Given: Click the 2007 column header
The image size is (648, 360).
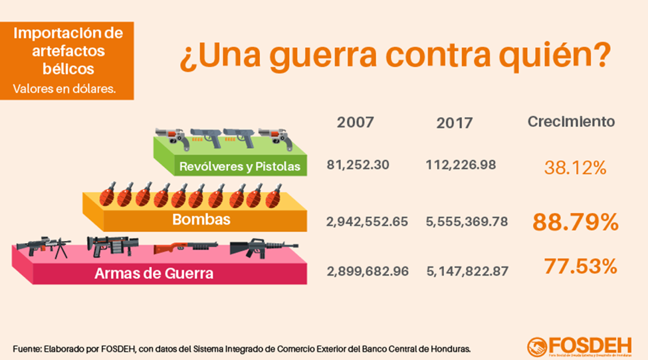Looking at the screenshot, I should tap(356, 122).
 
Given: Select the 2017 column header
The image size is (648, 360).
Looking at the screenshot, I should tap(455, 123).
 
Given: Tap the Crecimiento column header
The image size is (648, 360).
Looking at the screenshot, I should tap(571, 122).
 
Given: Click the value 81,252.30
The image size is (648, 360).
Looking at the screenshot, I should tap(358, 164).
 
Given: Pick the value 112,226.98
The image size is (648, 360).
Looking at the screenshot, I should tap(461, 164).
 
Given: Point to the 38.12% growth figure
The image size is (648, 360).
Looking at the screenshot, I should tap(575, 168).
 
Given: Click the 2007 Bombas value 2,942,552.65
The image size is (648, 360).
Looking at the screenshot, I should tap(367, 222).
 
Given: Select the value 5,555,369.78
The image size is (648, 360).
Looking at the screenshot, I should tap(467, 222).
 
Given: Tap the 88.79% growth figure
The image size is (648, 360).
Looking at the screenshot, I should tap(575, 222).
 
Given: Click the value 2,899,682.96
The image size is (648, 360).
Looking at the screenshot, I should tap(367, 271).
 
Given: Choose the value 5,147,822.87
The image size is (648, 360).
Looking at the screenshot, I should tap(467, 271).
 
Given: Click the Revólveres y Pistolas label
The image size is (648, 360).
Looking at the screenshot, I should tap(239, 166).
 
